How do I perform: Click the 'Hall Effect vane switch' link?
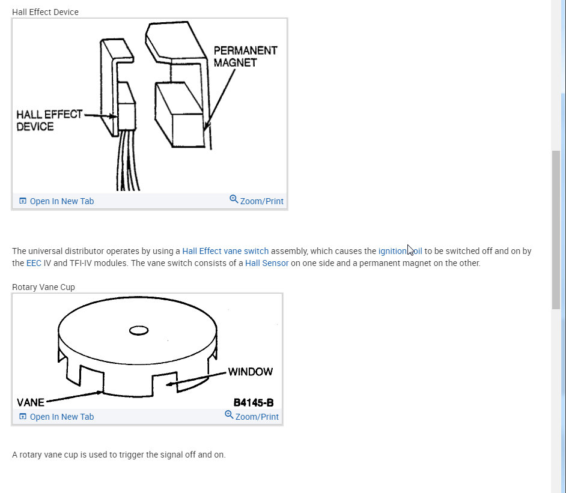click(x=225, y=251)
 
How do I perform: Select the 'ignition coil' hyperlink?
click(x=400, y=251)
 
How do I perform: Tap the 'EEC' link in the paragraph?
click(x=34, y=263)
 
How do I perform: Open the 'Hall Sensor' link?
click(x=267, y=263)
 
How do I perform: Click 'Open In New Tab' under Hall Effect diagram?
click(x=56, y=201)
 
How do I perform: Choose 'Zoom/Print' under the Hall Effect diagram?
click(x=257, y=201)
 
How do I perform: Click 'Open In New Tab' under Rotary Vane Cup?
click(x=56, y=417)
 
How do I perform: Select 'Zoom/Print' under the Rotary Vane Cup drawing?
click(x=252, y=416)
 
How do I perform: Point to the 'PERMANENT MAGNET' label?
click(x=246, y=56)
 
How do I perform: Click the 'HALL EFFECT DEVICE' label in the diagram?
click(x=49, y=121)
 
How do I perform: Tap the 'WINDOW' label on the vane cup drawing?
click(x=251, y=372)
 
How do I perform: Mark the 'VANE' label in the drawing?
click(x=31, y=402)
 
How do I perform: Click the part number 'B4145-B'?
click(x=254, y=402)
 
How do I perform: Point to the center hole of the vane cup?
click(x=139, y=330)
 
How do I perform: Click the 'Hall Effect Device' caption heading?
click(x=45, y=12)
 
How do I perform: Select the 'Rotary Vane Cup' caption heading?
click(x=43, y=287)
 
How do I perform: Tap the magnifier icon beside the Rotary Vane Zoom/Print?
click(x=229, y=415)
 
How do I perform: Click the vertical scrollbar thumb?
click(x=556, y=230)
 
